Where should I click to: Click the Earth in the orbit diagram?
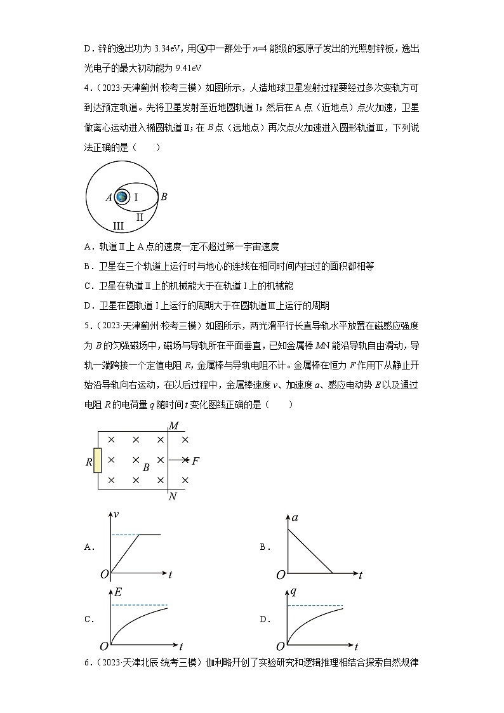click(122, 197)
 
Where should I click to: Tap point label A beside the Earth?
click(109, 197)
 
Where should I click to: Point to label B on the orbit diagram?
click(164, 197)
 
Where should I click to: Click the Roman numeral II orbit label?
click(140, 217)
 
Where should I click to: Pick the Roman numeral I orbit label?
click(136, 197)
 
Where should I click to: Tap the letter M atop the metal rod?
click(173, 425)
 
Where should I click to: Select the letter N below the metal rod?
click(173, 496)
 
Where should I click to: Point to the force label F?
click(196, 461)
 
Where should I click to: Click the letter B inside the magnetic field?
click(146, 468)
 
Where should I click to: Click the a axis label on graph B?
click(296, 518)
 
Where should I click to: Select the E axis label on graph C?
click(118, 593)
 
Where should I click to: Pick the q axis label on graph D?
click(294, 592)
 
